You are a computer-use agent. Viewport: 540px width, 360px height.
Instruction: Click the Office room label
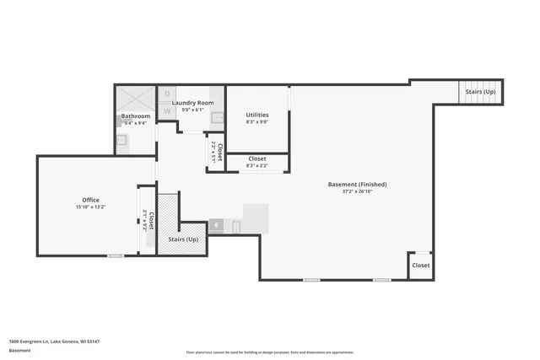click(x=90, y=200)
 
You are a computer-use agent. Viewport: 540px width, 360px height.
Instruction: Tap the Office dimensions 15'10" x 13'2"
click(x=90, y=207)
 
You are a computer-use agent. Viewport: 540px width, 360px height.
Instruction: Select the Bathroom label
click(x=136, y=116)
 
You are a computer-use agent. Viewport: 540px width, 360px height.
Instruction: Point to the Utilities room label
click(x=257, y=115)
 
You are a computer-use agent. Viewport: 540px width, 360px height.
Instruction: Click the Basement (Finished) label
click(x=357, y=184)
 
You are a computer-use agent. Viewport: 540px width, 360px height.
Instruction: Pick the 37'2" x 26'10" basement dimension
click(x=357, y=191)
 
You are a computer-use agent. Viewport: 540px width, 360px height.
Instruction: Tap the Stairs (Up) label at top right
click(x=480, y=91)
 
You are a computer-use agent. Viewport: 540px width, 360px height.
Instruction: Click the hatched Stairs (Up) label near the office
click(x=184, y=239)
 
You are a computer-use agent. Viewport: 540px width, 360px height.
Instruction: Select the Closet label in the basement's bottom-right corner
click(x=420, y=265)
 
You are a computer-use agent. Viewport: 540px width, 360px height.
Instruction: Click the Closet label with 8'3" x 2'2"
click(x=257, y=159)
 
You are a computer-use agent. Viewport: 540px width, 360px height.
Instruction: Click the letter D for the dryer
click(x=166, y=94)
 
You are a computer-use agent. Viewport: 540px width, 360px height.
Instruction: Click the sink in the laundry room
click(x=217, y=118)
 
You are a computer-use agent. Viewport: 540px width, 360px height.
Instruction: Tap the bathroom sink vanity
click(x=121, y=140)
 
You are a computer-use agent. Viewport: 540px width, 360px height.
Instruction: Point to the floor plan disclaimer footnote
click(x=270, y=352)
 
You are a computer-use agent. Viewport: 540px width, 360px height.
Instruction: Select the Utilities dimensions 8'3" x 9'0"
click(x=257, y=122)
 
